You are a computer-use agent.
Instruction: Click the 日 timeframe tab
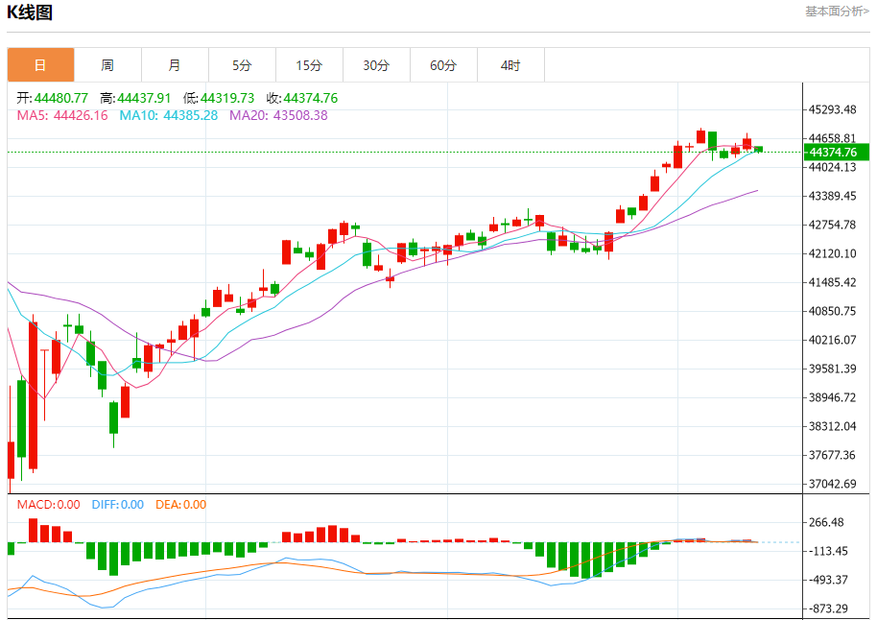[x=40, y=65]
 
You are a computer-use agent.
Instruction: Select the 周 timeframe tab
[x=107, y=65]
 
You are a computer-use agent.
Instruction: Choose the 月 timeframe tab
[x=175, y=65]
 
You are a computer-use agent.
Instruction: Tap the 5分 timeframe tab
[x=242, y=65]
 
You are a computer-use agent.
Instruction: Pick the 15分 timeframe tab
[x=309, y=65]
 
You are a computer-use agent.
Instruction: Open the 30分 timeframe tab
[x=376, y=65]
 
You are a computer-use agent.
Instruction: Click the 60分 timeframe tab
[x=443, y=65]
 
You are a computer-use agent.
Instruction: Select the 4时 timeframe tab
[x=510, y=65]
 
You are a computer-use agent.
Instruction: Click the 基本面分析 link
[x=837, y=12]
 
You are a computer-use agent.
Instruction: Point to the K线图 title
[x=30, y=12]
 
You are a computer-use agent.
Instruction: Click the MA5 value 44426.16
[x=81, y=115]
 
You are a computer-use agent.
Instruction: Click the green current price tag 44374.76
[x=836, y=152]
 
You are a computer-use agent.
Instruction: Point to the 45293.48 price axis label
[x=832, y=109]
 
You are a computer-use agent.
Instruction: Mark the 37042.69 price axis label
[x=832, y=484]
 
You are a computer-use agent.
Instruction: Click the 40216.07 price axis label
[x=832, y=340]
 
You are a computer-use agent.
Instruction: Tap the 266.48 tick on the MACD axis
[x=828, y=522]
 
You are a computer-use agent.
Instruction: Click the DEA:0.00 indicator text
[x=180, y=505]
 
